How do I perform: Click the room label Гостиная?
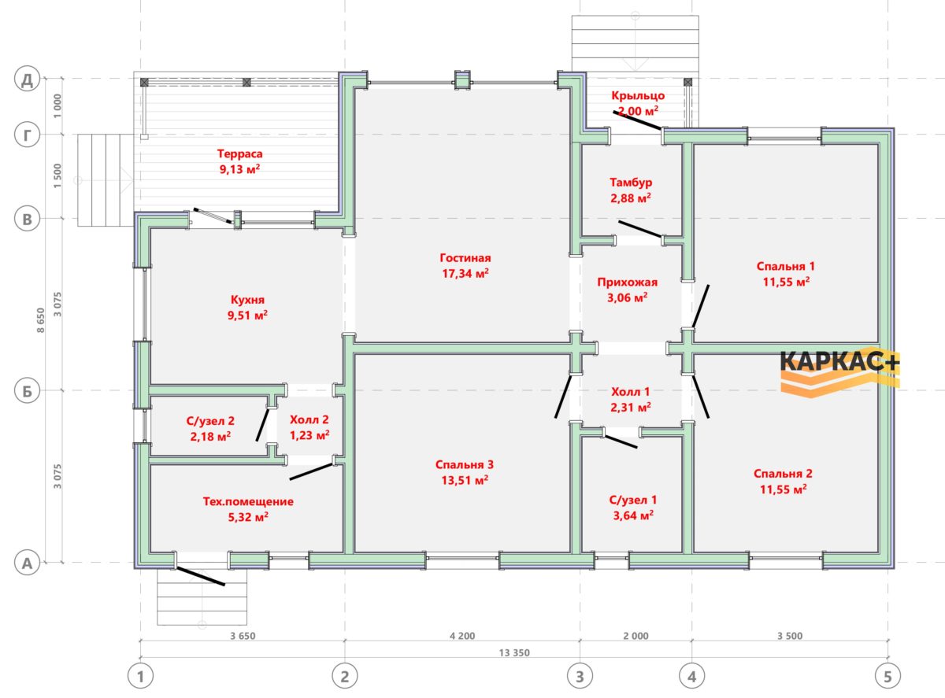click(465, 257)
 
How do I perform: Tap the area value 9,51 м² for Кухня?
click(247, 315)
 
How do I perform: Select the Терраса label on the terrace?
click(240, 153)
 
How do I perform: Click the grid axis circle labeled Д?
click(27, 79)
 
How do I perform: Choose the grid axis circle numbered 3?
click(580, 676)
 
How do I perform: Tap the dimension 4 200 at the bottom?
click(462, 636)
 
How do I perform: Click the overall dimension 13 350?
click(514, 652)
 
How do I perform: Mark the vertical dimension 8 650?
click(40, 320)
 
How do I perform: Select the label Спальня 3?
click(465, 464)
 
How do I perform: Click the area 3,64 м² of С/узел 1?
click(634, 515)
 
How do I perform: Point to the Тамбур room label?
click(631, 183)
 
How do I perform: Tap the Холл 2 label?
click(309, 419)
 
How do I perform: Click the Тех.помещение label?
click(248, 501)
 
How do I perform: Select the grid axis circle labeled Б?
click(27, 390)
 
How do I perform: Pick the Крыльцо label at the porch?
click(638, 95)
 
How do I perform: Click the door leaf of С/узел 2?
click(263, 425)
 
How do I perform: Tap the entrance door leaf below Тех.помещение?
click(200, 576)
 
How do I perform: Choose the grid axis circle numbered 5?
click(888, 676)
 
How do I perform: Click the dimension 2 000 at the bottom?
click(636, 636)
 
